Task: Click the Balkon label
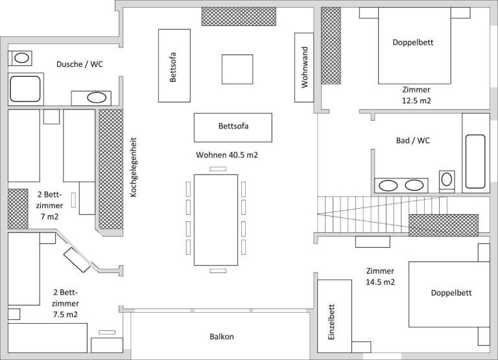pyautogui.click(x=222, y=337)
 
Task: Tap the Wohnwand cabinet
pyautogui.click(x=304, y=67)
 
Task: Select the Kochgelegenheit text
pyautogui.click(x=133, y=167)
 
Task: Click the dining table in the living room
pyautogui.click(x=216, y=219)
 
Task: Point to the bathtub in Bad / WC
pyautogui.click(x=475, y=162)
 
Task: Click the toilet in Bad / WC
pyautogui.click(x=447, y=178)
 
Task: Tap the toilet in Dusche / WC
pyautogui.click(x=21, y=58)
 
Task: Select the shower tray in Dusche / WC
pyautogui.click(x=25, y=89)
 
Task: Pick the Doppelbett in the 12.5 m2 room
pyautogui.click(x=414, y=50)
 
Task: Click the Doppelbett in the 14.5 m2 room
pyautogui.click(x=449, y=294)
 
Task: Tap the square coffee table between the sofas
pyautogui.click(x=237, y=69)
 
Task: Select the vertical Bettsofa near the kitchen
pyautogui.click(x=173, y=66)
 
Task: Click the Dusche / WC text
pyautogui.click(x=80, y=64)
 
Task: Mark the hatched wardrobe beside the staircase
pyautogui.click(x=443, y=224)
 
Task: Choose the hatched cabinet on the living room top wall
pyautogui.click(x=239, y=16)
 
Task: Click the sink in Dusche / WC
pyautogui.click(x=96, y=99)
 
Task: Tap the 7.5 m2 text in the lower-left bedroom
pyautogui.click(x=65, y=315)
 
